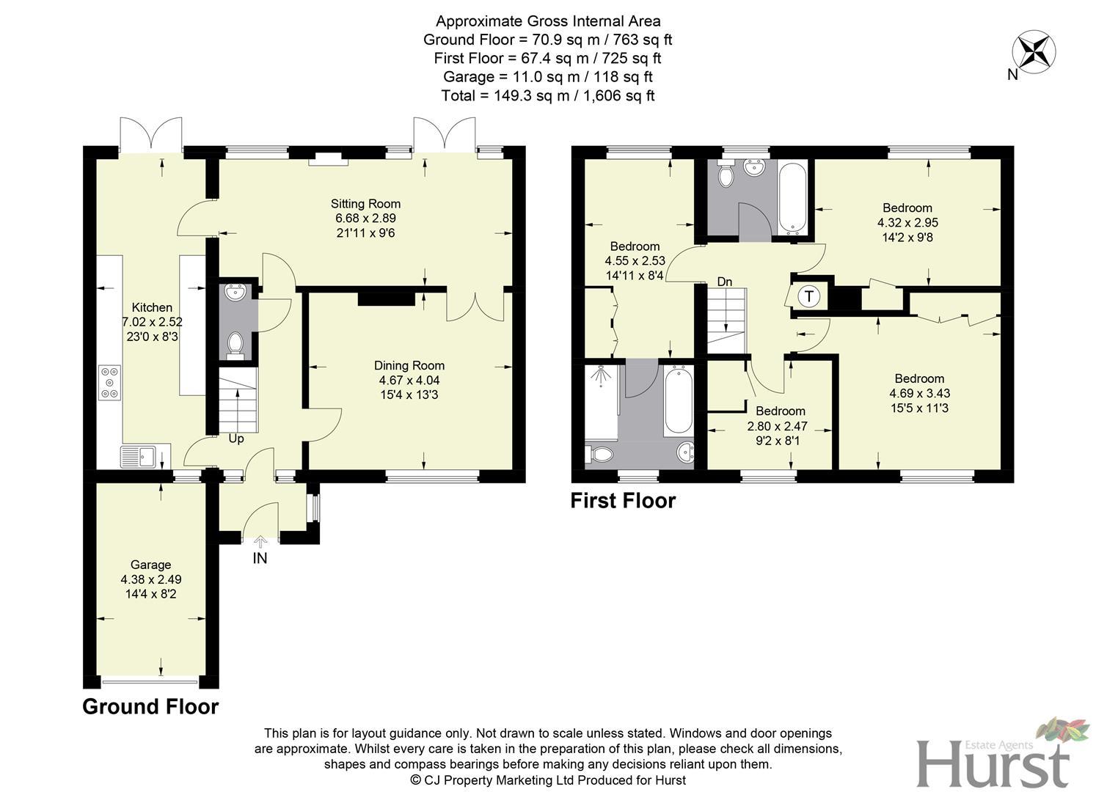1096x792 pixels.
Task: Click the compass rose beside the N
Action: (x=1034, y=51)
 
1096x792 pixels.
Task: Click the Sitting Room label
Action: (x=365, y=204)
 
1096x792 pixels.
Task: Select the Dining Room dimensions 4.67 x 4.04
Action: (x=409, y=381)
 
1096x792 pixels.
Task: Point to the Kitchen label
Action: (x=152, y=307)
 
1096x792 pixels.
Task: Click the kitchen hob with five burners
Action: (x=110, y=383)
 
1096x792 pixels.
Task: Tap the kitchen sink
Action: (x=139, y=456)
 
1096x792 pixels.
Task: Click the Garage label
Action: (x=150, y=565)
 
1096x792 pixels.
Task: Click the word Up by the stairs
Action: (x=236, y=439)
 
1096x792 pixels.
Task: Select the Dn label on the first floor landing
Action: (x=724, y=282)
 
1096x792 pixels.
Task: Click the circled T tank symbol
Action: (x=808, y=297)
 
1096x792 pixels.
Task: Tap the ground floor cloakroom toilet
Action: (x=235, y=344)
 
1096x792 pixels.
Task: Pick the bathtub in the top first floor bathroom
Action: (x=793, y=196)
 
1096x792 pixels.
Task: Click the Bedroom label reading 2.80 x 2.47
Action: (x=781, y=411)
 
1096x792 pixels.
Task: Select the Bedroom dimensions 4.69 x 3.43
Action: (x=919, y=393)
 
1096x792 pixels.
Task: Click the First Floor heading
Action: (x=623, y=501)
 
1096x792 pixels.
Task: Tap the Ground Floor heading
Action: (x=150, y=707)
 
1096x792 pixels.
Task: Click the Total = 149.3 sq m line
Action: (x=547, y=95)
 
